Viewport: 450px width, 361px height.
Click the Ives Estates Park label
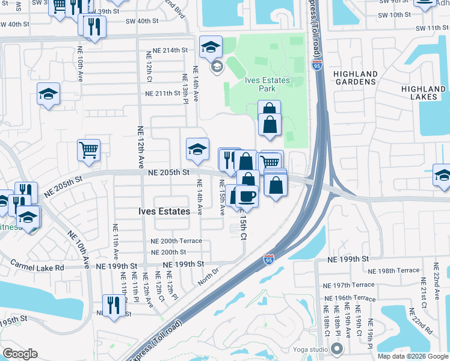(x=267, y=84)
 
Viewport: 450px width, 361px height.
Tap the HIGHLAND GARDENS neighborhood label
(x=356, y=78)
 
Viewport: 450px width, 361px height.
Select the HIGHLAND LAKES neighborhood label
(x=424, y=93)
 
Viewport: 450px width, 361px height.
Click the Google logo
(x=20, y=354)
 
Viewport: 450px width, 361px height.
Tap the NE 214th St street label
(x=170, y=50)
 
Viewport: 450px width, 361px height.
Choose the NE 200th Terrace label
(x=176, y=241)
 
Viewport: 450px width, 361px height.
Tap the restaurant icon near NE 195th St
(x=113, y=304)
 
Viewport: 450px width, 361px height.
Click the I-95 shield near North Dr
(x=269, y=260)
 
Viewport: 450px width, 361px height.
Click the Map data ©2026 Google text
(x=412, y=356)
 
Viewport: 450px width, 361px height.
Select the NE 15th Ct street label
(x=242, y=226)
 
